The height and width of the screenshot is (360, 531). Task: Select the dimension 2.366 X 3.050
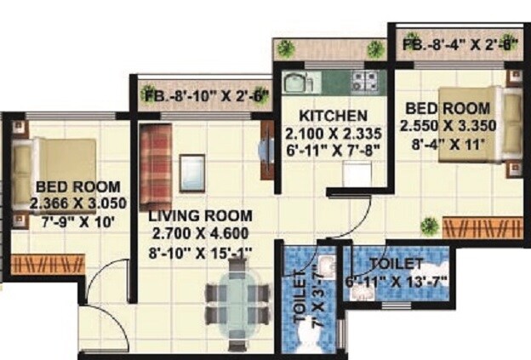coord(77,203)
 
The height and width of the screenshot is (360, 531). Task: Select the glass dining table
coord(238,302)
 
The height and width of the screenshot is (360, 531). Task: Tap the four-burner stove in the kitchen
coord(366,82)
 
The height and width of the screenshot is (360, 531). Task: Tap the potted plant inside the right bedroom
coord(430,226)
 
